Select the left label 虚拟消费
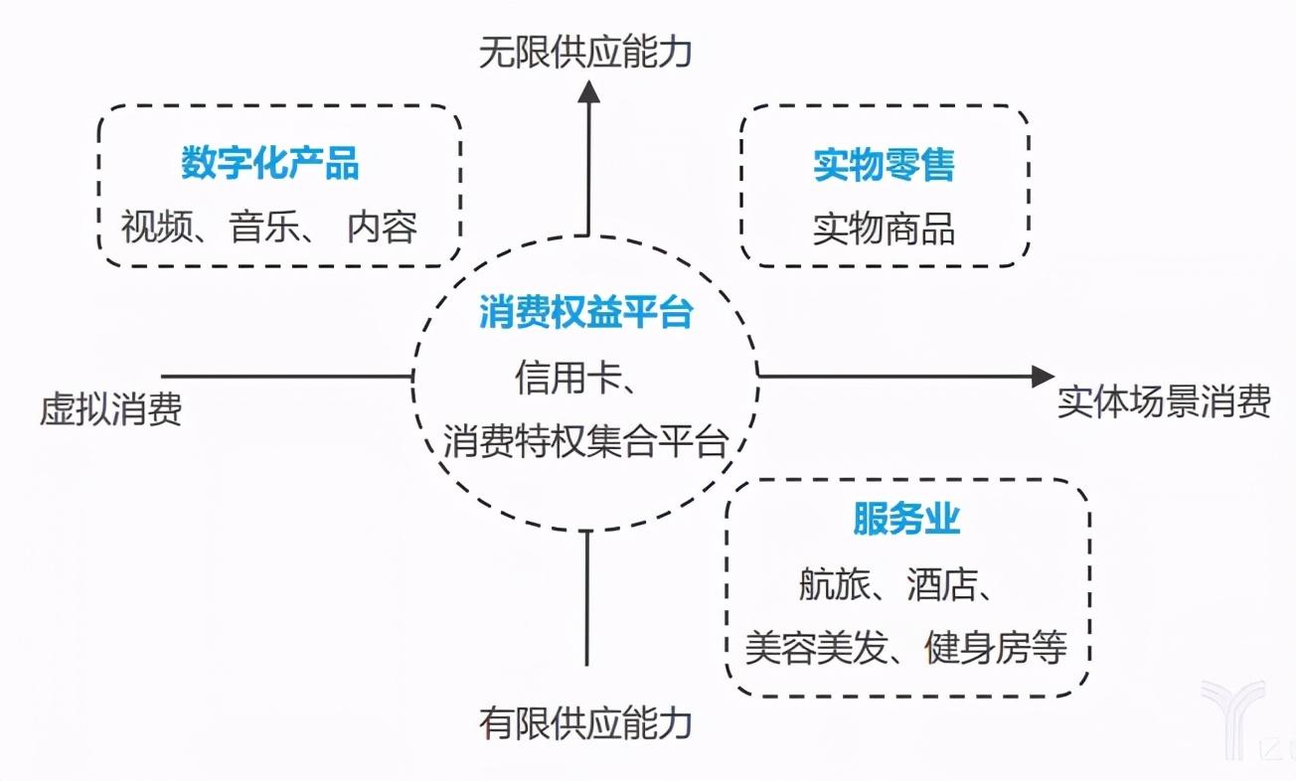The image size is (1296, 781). tap(110, 409)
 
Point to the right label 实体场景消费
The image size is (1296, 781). tap(1164, 400)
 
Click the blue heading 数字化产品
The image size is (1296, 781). tap(270, 163)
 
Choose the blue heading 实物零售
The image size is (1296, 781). tap(885, 165)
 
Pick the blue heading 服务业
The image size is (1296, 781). tap(906, 519)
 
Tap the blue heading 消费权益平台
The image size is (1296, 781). tap(586, 312)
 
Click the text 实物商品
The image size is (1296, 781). tap(884, 230)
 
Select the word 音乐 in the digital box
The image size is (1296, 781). tap(264, 227)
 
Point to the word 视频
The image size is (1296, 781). tap(156, 227)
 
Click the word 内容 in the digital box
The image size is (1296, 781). tap(383, 227)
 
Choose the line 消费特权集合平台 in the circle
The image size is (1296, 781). tap(585, 441)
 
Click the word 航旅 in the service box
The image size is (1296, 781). tap(835, 583)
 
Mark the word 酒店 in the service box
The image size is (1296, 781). tap(942, 583)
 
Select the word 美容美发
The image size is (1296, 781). tap(816, 648)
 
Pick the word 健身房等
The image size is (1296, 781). tap(996, 648)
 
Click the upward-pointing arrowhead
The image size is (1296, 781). tap(589, 91)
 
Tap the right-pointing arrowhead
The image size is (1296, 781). tap(1044, 376)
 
